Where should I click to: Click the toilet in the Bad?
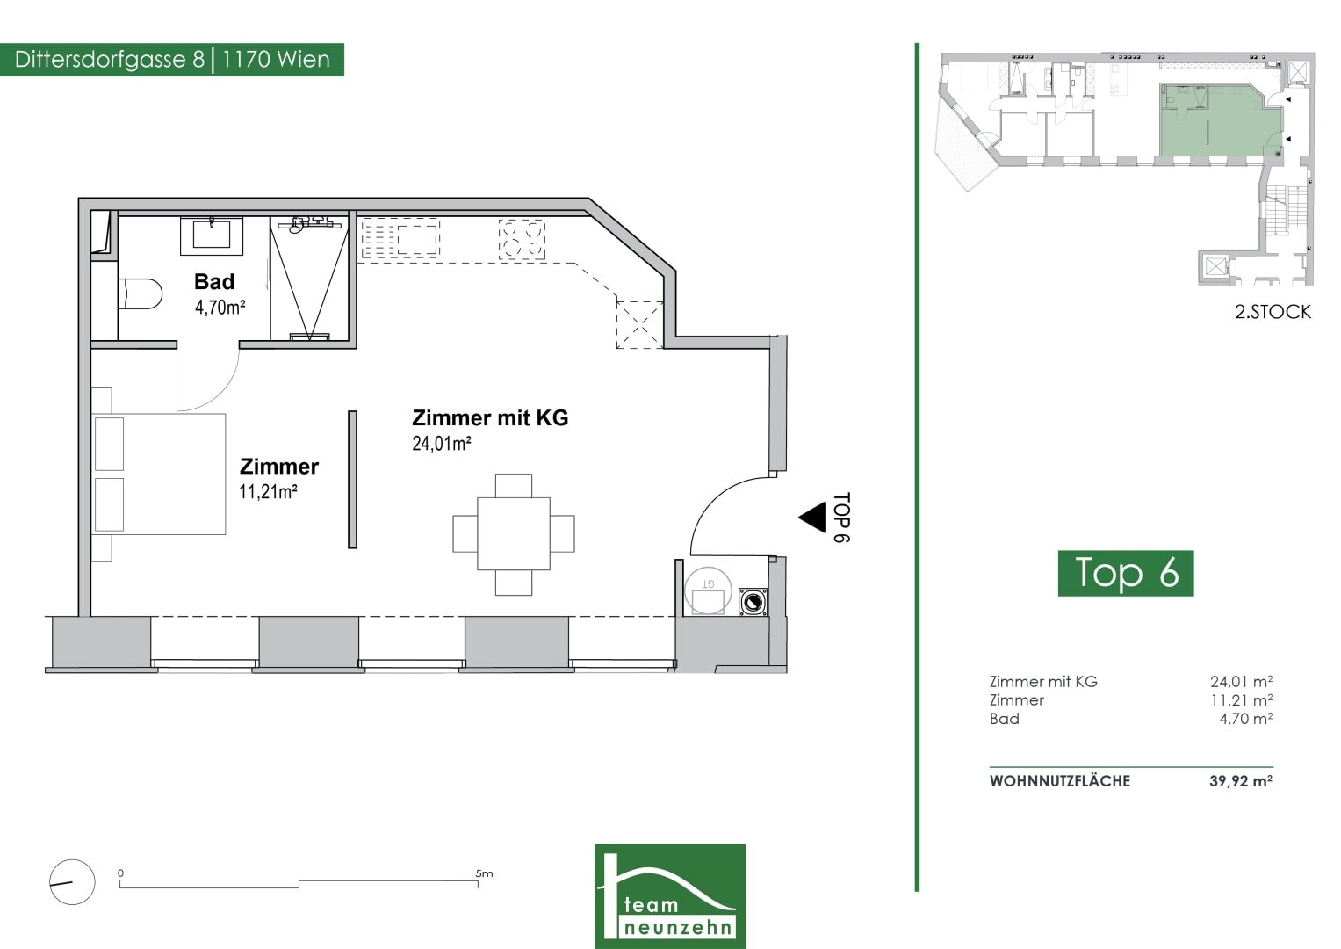[x=141, y=293]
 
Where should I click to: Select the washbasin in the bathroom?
[x=212, y=236]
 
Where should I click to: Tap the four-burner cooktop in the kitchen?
[x=522, y=240]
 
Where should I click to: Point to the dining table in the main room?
[x=514, y=534]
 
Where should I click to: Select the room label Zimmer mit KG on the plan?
[x=490, y=417]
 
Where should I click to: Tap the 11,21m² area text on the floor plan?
[x=268, y=492]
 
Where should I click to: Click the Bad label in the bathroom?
[x=214, y=281]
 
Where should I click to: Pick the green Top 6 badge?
[x=1126, y=573]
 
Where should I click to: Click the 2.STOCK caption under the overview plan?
[x=1273, y=312]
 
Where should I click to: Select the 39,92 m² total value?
[x=1241, y=780]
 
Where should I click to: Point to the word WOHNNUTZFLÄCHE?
[x=1060, y=781]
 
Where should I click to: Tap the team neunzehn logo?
[x=670, y=895]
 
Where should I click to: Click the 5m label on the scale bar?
[x=484, y=873]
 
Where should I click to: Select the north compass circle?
[x=72, y=882]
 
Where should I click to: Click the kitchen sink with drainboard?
[x=400, y=239]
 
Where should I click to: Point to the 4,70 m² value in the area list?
[x=1246, y=719]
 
